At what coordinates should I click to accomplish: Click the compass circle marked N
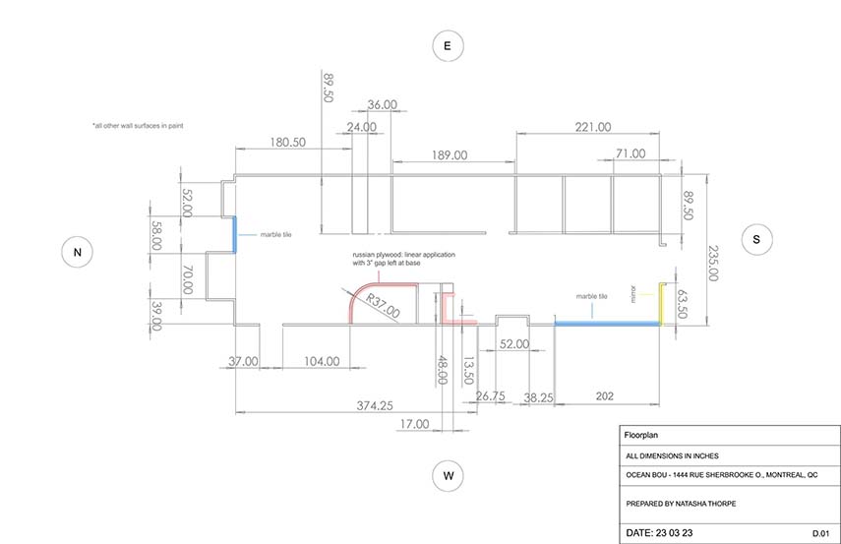click(78, 252)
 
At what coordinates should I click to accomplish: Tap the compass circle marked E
click(448, 45)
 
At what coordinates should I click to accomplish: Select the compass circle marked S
click(756, 239)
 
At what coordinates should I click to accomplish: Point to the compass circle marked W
click(448, 476)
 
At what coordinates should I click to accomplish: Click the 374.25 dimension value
click(375, 405)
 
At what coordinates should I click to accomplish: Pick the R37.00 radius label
click(383, 306)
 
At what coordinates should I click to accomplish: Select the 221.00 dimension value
click(593, 127)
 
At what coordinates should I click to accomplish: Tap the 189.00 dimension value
click(450, 155)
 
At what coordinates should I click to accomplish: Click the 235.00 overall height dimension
click(713, 263)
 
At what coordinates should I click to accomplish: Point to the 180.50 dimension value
click(287, 143)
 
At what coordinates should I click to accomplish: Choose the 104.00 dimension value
click(322, 362)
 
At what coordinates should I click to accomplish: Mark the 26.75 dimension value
click(490, 395)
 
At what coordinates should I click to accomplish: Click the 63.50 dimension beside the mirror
click(682, 304)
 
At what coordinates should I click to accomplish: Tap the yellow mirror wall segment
click(661, 304)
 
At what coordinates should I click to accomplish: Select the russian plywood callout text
click(403, 259)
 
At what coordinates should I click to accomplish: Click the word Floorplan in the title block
click(641, 435)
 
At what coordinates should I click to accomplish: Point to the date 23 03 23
click(674, 533)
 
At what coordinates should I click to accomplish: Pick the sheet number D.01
click(820, 533)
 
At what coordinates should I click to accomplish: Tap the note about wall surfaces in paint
click(139, 126)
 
